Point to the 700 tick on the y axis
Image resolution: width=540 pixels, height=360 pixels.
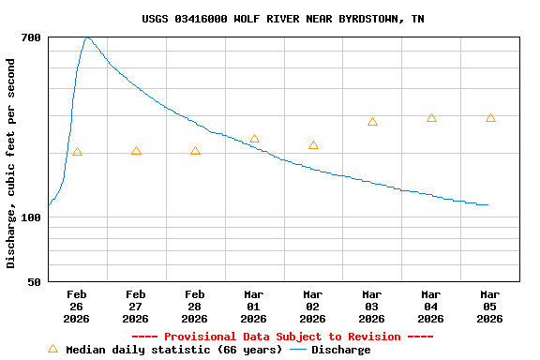pos(31,37)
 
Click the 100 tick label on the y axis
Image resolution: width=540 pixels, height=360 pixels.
pos(31,217)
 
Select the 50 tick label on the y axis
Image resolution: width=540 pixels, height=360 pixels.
pos(34,282)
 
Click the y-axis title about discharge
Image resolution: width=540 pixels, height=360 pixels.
pos(11,163)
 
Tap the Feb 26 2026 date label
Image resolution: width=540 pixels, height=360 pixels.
pos(77,307)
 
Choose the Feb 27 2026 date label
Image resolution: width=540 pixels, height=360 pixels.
pos(136,307)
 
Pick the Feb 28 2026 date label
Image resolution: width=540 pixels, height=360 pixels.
pos(195,307)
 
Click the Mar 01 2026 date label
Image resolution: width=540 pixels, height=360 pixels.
pos(254,307)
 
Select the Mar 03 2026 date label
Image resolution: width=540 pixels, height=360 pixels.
pos(372,307)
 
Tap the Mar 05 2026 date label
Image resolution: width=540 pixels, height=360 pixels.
pos(489,307)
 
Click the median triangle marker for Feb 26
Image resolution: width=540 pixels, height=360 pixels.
pos(77,152)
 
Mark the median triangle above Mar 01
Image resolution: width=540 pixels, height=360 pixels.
pos(254,139)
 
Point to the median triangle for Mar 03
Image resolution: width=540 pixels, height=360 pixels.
pos(372,122)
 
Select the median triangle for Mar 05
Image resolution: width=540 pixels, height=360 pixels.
pos(490,118)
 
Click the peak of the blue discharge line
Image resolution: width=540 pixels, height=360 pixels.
pos(87,37)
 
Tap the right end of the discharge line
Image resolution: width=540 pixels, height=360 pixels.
pos(488,204)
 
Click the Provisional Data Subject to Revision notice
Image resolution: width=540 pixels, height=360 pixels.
pos(282,337)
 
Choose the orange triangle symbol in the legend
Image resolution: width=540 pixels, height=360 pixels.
pos(52,349)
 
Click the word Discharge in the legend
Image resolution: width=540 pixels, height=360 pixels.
pos(340,350)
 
